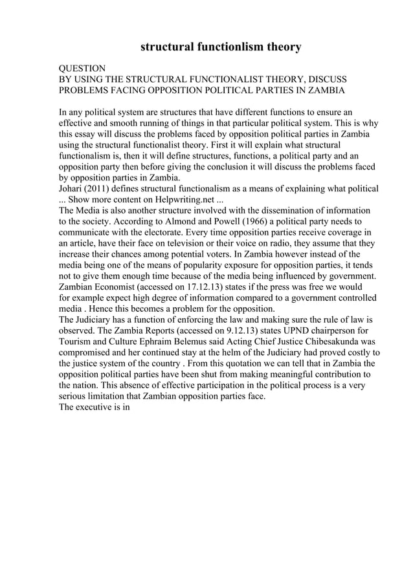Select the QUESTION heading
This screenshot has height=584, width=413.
click(82, 68)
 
